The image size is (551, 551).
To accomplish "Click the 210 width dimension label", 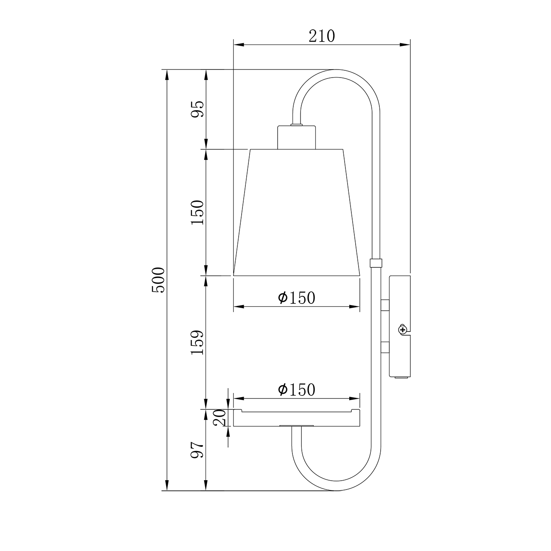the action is point(321,36).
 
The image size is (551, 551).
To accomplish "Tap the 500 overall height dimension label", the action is point(158,280).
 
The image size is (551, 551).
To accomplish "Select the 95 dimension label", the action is point(198,109).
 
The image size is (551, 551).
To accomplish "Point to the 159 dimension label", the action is point(198,342).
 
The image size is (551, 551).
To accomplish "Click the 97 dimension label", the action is point(198,450).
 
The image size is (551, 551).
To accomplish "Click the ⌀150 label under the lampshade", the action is point(297,298).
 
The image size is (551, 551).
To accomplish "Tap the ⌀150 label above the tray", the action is point(297,390).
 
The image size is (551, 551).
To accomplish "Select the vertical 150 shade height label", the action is point(198,212).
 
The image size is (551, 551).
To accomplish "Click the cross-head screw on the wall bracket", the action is point(403,330).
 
